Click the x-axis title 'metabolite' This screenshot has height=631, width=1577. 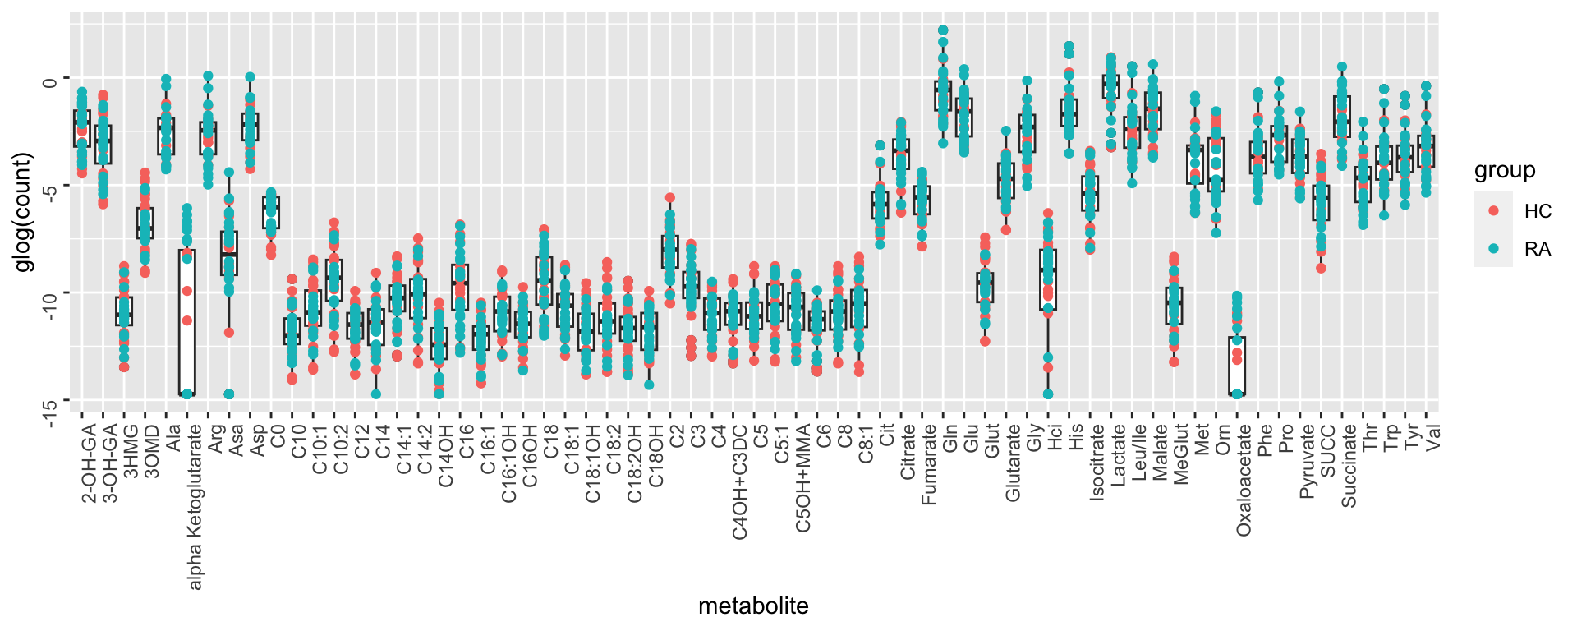tap(753, 606)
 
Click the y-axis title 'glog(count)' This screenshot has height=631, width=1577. tap(22, 212)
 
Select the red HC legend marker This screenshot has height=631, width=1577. tap(1493, 211)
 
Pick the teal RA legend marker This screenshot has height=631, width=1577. tap(1493, 248)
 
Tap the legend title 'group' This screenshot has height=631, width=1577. tap(1504, 170)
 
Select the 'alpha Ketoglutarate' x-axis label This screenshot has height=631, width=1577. tap(195, 507)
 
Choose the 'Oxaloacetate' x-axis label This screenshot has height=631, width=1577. tap(1244, 480)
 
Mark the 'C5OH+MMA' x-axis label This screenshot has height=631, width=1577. tap(803, 478)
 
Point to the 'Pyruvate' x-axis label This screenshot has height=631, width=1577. tap(1306, 461)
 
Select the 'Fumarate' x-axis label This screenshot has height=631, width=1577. tap(929, 464)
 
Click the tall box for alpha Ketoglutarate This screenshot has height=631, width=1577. tap(187, 322)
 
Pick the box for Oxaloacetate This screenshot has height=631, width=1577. tap(1237, 366)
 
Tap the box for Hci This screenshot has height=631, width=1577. tap(1048, 279)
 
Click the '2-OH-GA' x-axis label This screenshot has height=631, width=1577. tap(90, 463)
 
